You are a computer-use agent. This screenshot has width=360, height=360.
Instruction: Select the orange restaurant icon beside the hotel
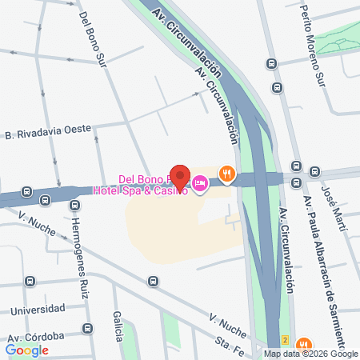pyautogui.click(x=228, y=173)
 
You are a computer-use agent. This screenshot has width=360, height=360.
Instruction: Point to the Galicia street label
pyautogui.click(x=118, y=328)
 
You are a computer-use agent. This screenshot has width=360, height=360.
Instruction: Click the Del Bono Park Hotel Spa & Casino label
pyautogui.click(x=152, y=185)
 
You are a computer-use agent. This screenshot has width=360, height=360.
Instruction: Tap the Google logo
pyautogui.click(x=26, y=350)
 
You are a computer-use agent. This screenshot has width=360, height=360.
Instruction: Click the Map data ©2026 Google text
pyautogui.click(x=311, y=354)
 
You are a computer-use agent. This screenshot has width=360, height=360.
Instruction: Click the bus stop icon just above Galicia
pyautogui.click(x=153, y=282)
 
